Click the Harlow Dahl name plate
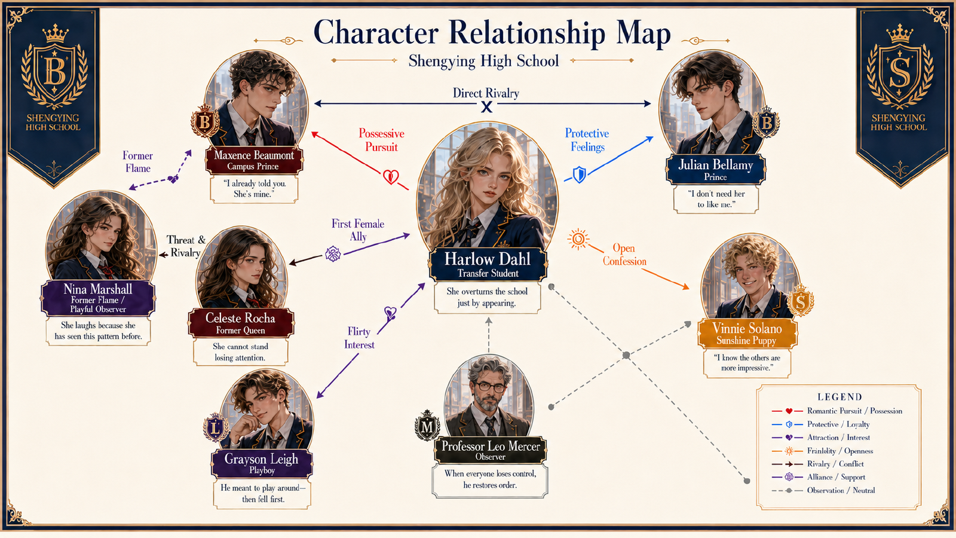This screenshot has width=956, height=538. pyautogui.click(x=488, y=265)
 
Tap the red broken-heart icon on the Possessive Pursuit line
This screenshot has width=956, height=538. pyautogui.click(x=391, y=176)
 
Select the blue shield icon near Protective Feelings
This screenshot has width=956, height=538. pyautogui.click(x=579, y=175)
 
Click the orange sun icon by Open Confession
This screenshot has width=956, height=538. pyautogui.click(x=578, y=239)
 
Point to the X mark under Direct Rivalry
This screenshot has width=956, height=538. pyautogui.click(x=486, y=107)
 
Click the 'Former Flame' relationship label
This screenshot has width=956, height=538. pyautogui.click(x=137, y=162)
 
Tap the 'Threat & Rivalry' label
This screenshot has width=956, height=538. pyautogui.click(x=186, y=246)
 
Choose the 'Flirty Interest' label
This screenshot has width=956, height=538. pyautogui.click(x=359, y=338)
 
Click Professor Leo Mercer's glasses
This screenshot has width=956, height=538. pyautogui.click(x=490, y=387)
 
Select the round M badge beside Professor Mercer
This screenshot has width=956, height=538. pyautogui.click(x=427, y=425)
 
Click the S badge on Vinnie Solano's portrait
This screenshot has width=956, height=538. pyautogui.click(x=800, y=301)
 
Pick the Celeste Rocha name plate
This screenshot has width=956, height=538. pyautogui.click(x=241, y=323)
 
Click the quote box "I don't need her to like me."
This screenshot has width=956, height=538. pyautogui.click(x=716, y=199)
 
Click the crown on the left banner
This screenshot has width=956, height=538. pyautogui.click(x=55, y=33)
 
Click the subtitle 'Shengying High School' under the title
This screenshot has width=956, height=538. pyautogui.click(x=483, y=61)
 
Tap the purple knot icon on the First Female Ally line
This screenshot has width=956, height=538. pyautogui.click(x=333, y=253)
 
